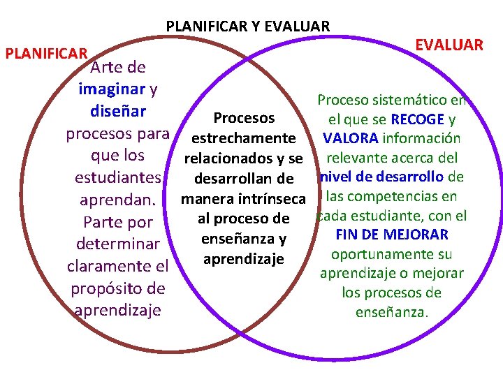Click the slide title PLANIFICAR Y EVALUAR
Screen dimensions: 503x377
[x=248, y=27]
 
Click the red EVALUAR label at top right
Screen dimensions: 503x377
[x=449, y=45]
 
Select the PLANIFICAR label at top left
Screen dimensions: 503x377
[x=46, y=54]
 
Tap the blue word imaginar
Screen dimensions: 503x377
[x=112, y=89]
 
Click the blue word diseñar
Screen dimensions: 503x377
[x=118, y=111]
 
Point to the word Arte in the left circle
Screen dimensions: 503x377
[x=108, y=68]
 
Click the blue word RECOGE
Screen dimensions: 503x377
[x=417, y=119]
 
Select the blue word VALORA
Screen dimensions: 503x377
[x=351, y=138]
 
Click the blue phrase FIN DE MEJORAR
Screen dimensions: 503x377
[x=392, y=235]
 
